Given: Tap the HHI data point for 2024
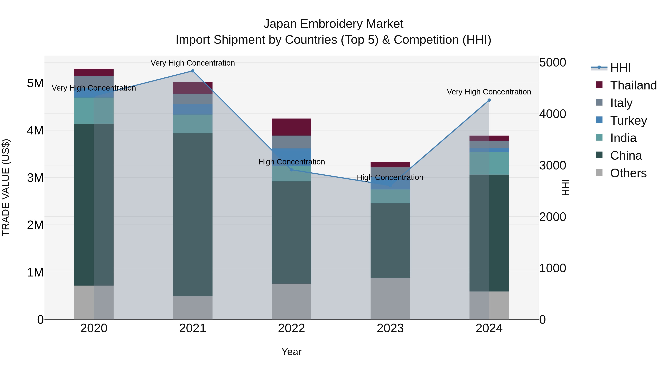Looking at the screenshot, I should [489, 100].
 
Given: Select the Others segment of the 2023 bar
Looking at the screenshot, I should [390, 299].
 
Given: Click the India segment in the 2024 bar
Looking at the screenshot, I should [489, 163].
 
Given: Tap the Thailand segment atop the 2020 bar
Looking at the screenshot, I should [94, 72].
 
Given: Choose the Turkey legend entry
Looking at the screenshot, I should [628, 121].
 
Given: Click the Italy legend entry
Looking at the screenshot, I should [621, 103].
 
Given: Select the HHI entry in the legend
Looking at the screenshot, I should [620, 68].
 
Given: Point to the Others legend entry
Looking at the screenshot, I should [628, 173].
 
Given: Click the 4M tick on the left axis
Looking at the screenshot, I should [35, 130].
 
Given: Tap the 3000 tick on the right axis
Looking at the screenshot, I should [552, 165].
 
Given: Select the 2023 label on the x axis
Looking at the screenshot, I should [390, 328].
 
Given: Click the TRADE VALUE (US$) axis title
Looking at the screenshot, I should [6, 187].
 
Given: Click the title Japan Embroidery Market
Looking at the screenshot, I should [333, 24].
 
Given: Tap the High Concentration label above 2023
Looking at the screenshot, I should [390, 178].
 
